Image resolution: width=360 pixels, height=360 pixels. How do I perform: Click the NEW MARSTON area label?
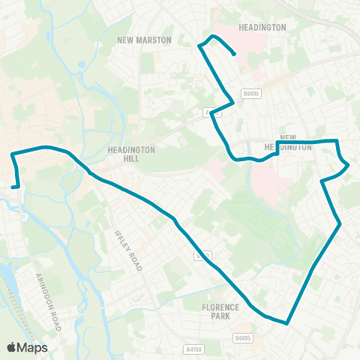click(x=144, y=40)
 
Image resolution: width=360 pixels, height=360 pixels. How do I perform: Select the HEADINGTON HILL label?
click(x=131, y=154)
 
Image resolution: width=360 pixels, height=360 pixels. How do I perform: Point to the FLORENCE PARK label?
click(x=220, y=312)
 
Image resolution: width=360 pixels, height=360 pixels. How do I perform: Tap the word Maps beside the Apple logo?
click(x=33, y=347)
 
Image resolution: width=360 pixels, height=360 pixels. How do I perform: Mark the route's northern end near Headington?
click(x=235, y=54)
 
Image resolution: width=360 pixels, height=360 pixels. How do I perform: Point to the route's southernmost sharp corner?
click(x=287, y=324)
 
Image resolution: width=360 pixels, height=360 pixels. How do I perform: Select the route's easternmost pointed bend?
click(x=348, y=166)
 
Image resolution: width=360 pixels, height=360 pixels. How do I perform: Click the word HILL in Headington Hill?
click(x=131, y=159)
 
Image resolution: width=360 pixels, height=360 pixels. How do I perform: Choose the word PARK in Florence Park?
click(x=220, y=316)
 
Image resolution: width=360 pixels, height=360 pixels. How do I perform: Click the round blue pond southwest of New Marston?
click(x=80, y=64)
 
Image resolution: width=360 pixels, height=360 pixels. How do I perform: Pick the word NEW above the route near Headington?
click(x=289, y=138)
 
